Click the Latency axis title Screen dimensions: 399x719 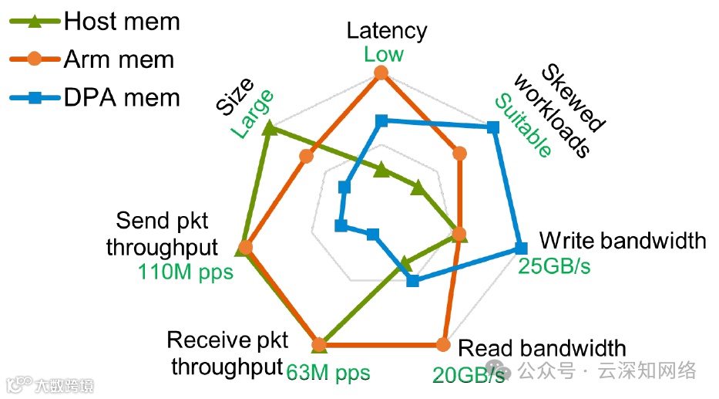click(x=386, y=31)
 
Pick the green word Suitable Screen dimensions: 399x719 click(x=523, y=125)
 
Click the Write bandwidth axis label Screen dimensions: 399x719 click(x=622, y=240)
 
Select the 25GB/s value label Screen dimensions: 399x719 click(x=558, y=266)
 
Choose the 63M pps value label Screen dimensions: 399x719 click(x=328, y=373)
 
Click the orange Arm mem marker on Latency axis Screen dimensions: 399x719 click(x=380, y=73)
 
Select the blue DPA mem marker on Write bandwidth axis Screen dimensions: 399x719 click(x=520, y=248)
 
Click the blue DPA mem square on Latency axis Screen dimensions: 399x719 click(x=381, y=120)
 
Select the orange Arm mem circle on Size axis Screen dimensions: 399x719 click(x=307, y=157)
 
